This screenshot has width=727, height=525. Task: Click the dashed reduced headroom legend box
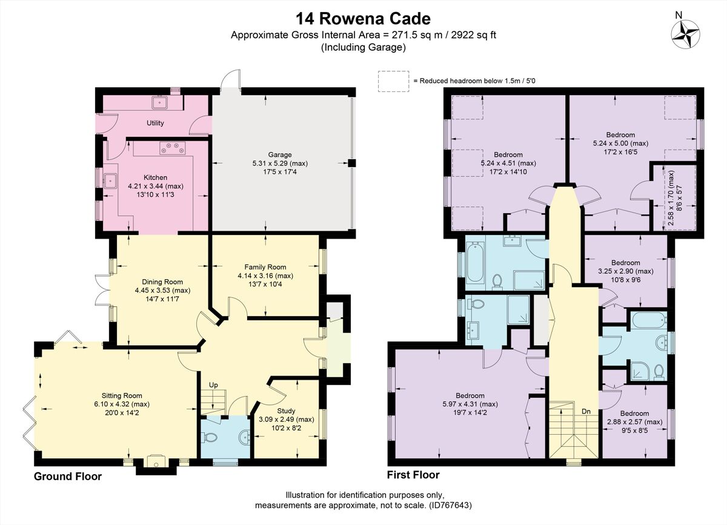click(x=393, y=80)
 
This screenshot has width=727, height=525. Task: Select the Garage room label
click(x=281, y=154)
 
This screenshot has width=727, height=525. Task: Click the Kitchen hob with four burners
click(x=173, y=146)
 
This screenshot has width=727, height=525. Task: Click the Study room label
click(x=287, y=411)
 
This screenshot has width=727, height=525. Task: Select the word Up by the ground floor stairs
click(x=213, y=385)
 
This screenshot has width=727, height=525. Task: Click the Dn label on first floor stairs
click(x=586, y=411)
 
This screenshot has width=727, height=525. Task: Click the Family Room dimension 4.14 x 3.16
click(x=265, y=276)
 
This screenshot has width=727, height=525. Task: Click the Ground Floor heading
click(x=67, y=477)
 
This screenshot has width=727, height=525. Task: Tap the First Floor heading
click(x=413, y=475)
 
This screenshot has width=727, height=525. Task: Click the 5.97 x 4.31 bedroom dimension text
click(x=466, y=404)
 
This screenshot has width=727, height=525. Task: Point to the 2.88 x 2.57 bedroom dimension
click(x=634, y=422)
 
